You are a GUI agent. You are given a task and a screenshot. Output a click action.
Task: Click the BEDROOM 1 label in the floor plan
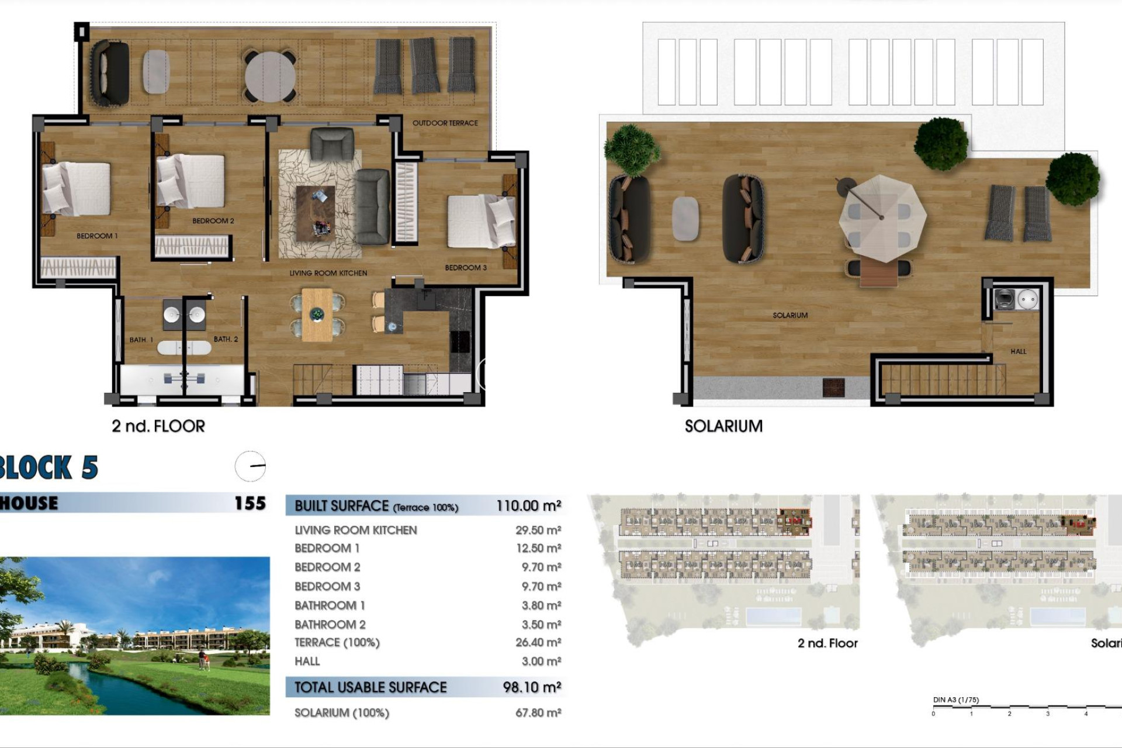point(97,236)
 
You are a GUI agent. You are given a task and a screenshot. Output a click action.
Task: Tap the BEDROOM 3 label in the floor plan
point(465,268)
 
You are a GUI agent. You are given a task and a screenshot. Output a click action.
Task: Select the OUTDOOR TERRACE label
point(445,123)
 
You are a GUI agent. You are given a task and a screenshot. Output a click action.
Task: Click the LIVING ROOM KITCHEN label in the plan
point(328,273)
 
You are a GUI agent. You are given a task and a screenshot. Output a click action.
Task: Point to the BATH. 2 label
point(226,339)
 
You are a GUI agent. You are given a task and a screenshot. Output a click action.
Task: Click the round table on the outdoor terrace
point(270,77)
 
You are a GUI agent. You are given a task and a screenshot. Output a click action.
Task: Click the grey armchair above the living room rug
point(332,144)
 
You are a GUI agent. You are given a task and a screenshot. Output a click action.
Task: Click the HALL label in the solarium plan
point(1018,351)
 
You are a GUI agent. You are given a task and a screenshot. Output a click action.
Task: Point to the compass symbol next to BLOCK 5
point(250,466)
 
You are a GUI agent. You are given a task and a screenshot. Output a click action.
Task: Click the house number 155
point(250,503)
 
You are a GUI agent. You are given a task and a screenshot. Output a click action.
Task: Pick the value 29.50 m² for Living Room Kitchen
point(538,530)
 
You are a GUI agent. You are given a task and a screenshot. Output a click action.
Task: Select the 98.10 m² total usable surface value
point(532,687)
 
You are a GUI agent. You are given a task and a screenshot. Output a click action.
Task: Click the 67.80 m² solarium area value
point(538,713)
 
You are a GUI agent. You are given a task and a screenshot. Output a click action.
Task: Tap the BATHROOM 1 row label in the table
point(330,605)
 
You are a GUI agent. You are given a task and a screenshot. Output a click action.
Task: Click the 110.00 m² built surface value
point(528,505)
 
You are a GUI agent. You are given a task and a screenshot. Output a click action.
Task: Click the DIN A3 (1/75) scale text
point(955,699)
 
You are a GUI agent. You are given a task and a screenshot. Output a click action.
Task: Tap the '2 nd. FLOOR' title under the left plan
point(158,426)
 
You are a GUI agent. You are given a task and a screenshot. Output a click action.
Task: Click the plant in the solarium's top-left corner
point(631,150)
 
